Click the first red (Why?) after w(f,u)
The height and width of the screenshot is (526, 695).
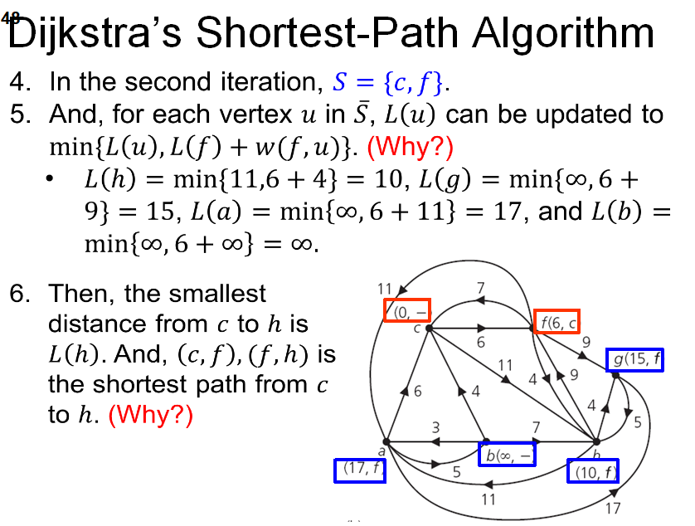pos(410,147)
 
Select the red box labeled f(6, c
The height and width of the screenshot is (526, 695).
pos(557,321)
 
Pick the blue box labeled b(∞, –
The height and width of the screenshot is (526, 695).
pos(507,454)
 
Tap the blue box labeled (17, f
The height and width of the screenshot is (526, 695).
pos(360,470)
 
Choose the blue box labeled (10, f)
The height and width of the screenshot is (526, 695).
pos(593,471)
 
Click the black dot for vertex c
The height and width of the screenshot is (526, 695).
pos(429,329)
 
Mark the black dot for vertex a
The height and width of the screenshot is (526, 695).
pos(386,441)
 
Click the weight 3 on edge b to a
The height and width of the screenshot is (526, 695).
pos(435,428)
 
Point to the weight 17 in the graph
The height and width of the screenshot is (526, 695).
pos(614,509)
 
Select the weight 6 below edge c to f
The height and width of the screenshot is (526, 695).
pos(480,341)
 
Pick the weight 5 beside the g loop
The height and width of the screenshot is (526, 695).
pos(638,422)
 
